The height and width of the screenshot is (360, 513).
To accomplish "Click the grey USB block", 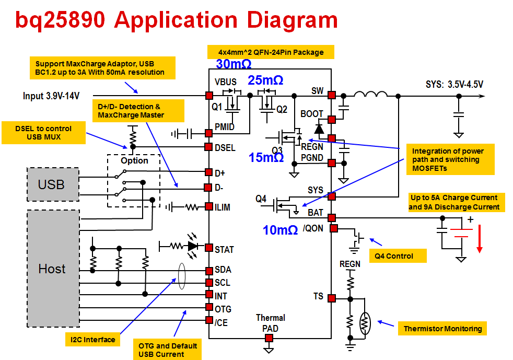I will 52,184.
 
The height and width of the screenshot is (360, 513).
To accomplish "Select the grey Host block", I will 52,269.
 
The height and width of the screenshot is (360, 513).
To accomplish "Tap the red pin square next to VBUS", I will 209,96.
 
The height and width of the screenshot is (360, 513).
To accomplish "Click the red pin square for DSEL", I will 209,147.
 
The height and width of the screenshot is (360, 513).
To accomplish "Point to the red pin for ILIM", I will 209,207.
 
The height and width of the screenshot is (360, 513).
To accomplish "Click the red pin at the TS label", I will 332,298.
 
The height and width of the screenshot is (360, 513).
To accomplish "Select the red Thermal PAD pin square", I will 269,339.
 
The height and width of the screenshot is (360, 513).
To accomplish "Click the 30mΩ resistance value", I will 234,64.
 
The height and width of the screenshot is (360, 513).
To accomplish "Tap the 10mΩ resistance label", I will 281,229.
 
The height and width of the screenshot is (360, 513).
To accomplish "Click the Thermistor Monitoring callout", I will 442,329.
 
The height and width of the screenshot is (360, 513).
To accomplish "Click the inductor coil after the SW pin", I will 370,94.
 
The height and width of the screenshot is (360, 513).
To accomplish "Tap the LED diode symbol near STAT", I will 193,245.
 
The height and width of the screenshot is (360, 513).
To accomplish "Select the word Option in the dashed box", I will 134,160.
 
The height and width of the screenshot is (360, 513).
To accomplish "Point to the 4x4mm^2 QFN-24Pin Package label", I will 271,52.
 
